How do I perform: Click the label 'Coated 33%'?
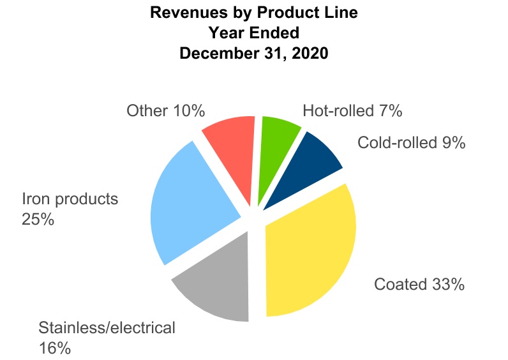tap(419, 284)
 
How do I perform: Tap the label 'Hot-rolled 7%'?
tap(352, 111)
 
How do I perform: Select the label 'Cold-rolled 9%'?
tap(412, 142)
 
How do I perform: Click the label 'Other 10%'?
tap(165, 111)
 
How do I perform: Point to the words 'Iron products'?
tap(70, 199)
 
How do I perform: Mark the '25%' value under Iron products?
tap(38, 220)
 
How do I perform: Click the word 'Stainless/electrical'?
tap(107, 328)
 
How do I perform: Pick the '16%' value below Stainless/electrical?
tap(54, 349)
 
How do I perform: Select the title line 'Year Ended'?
tap(253, 33)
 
